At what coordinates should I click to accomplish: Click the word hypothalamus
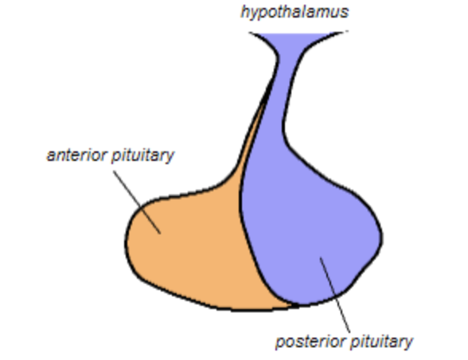(294, 12)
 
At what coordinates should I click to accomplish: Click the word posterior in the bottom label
(306, 342)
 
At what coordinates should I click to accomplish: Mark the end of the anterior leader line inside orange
(161, 233)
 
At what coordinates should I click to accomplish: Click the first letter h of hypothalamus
(245, 12)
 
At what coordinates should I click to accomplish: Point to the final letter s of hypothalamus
(345, 12)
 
